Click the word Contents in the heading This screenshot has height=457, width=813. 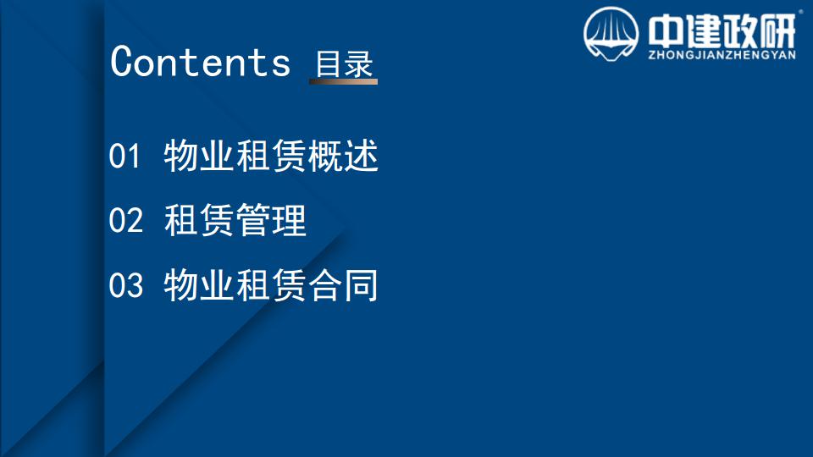point(200,62)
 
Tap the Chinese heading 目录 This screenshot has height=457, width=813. point(344,63)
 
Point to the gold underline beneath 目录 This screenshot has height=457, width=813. point(343,81)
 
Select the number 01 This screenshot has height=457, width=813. point(124,156)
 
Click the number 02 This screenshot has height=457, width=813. point(125,220)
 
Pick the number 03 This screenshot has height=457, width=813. point(125,285)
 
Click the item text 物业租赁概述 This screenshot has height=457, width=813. point(271,156)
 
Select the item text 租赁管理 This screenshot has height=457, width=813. point(235,220)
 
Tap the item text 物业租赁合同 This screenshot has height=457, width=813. point(271,285)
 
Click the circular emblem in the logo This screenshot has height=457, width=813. point(611,34)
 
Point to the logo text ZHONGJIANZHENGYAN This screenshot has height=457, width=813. point(722,55)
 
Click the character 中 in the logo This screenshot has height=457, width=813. point(666,31)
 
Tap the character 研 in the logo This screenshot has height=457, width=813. point(777,31)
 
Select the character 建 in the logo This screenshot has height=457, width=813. point(703,31)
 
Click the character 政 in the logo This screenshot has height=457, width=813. point(740,31)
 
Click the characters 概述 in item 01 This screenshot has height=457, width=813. point(343,156)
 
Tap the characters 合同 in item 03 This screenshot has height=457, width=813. point(343,285)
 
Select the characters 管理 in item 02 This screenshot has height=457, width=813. point(271,220)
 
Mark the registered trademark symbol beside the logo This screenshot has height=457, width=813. point(801,10)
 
